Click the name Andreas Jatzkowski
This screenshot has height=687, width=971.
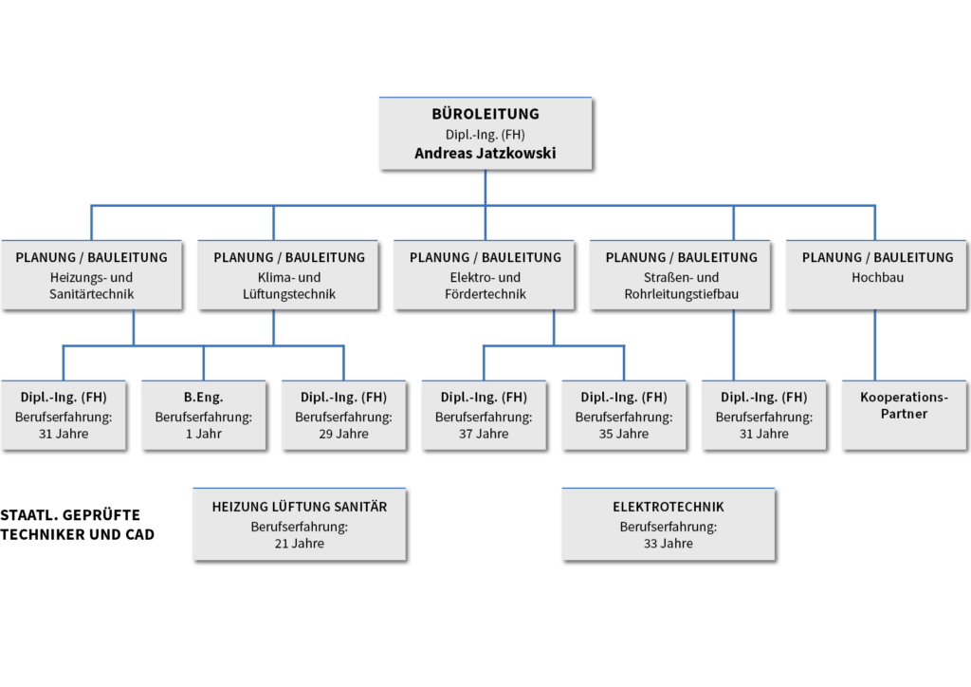click(x=485, y=153)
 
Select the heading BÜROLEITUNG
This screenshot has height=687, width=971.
click(x=485, y=114)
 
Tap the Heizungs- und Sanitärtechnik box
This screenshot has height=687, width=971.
click(x=92, y=275)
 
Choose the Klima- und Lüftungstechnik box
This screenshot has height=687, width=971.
click(x=288, y=275)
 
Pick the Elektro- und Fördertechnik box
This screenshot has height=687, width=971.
click(x=485, y=275)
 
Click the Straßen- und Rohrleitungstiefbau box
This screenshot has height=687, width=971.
click(x=680, y=275)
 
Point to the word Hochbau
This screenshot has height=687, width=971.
click(x=877, y=277)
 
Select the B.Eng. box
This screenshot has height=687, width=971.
click(x=204, y=415)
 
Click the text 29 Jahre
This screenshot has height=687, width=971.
click(x=343, y=434)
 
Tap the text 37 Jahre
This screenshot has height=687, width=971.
click(x=484, y=434)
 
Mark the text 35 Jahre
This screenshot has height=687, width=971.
click(x=624, y=434)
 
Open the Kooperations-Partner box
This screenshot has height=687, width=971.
click(x=904, y=415)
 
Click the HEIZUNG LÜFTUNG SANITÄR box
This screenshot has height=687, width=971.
click(x=300, y=524)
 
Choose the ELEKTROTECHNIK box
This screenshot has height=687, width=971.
click(x=669, y=524)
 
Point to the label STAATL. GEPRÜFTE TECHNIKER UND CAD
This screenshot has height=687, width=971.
click(x=77, y=525)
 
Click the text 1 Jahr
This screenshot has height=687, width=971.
click(x=204, y=434)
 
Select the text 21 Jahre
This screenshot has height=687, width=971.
click(x=300, y=544)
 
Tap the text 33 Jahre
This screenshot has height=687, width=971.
click(x=669, y=544)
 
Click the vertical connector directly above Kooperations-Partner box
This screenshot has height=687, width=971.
click(x=875, y=345)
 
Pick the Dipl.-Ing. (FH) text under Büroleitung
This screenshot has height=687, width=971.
click(x=485, y=135)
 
